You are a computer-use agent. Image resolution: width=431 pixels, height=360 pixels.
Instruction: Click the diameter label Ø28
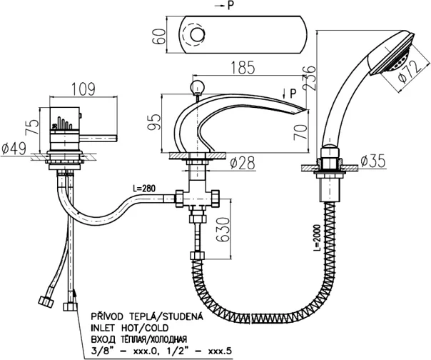point(243,163)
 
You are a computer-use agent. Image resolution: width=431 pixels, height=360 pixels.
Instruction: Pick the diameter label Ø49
point(15,149)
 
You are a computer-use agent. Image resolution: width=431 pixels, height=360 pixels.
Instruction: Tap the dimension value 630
point(226,229)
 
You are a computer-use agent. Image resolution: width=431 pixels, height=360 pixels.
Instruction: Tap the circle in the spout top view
point(195,33)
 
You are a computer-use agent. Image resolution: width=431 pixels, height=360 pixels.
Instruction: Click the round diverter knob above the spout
point(195,87)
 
